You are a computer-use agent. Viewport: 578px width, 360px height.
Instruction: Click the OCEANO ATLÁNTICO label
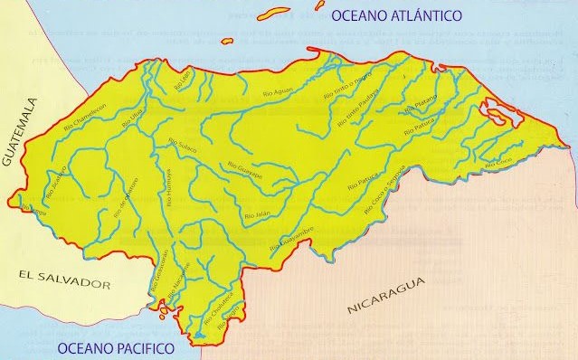click(x=397, y=15)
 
